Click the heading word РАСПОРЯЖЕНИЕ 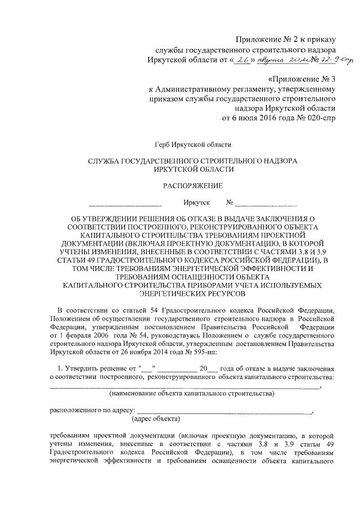click(192, 185)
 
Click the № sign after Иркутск click(229, 202)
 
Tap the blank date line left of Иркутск click(125, 203)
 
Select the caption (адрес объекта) click(156, 418)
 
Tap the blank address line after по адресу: click(225, 412)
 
